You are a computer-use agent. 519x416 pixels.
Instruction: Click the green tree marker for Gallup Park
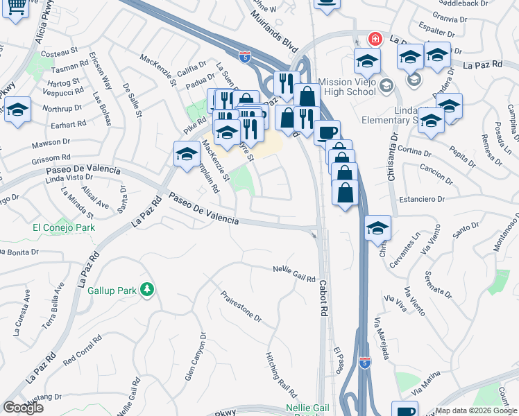click(146, 289)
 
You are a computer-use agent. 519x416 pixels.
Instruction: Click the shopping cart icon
click(15, 7)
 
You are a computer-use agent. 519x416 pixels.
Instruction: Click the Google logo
click(23, 408)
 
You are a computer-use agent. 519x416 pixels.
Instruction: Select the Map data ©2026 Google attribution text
click(475, 410)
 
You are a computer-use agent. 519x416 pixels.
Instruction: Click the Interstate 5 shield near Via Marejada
click(366, 362)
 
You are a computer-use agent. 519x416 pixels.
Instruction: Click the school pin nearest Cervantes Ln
click(377, 227)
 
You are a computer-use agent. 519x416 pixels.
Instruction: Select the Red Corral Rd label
click(87, 353)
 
